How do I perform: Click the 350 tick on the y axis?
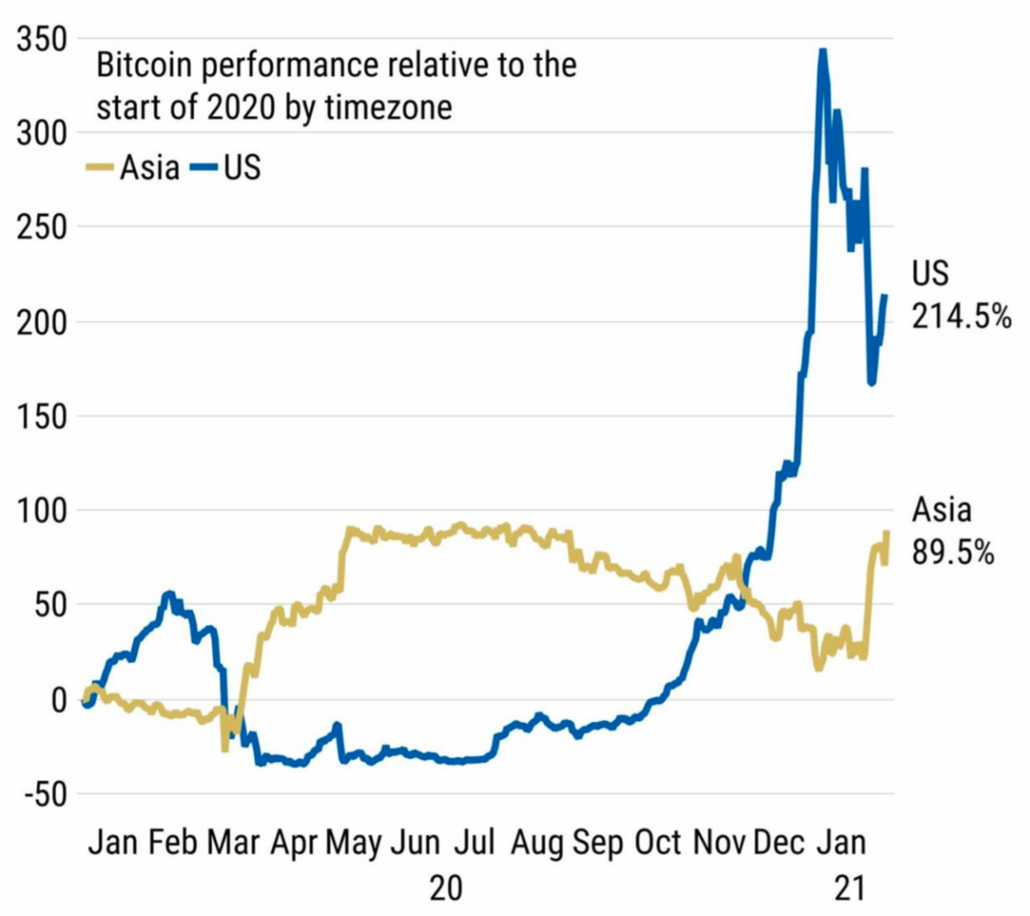point(41,39)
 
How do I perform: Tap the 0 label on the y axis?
point(58,700)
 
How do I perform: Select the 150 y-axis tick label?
point(41,416)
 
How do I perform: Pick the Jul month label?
point(475,842)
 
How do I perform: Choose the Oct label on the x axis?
point(658,842)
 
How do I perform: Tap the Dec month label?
point(779,842)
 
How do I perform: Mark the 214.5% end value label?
point(961,317)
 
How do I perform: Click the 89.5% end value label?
point(953,553)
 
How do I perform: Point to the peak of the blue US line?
point(822,52)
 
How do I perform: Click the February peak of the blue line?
point(169,594)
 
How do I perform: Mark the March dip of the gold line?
point(225,749)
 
